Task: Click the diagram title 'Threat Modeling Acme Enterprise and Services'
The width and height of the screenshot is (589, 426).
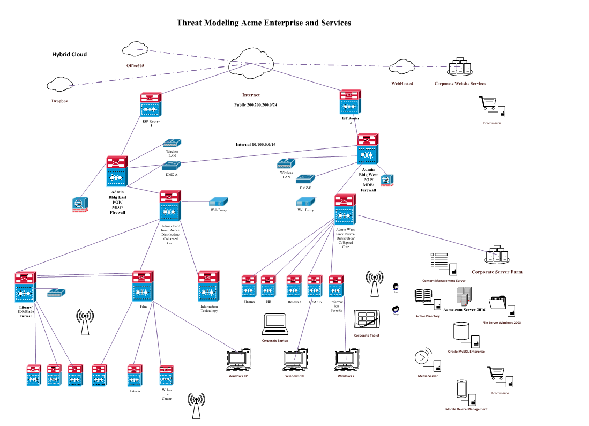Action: (264, 23)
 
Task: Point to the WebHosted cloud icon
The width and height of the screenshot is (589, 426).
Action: (402, 66)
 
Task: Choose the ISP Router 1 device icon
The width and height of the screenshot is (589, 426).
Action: (151, 106)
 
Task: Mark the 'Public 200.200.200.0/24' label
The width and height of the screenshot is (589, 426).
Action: (256, 105)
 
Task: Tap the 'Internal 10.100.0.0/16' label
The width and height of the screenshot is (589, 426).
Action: (256, 145)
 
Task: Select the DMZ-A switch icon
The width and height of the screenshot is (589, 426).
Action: (172, 166)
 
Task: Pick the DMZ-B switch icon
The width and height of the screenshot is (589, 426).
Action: (305, 178)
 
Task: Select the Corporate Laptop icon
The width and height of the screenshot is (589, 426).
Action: (275, 324)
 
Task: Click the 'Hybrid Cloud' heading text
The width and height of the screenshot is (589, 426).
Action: (69, 54)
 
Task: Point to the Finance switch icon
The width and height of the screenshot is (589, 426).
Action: (249, 287)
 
